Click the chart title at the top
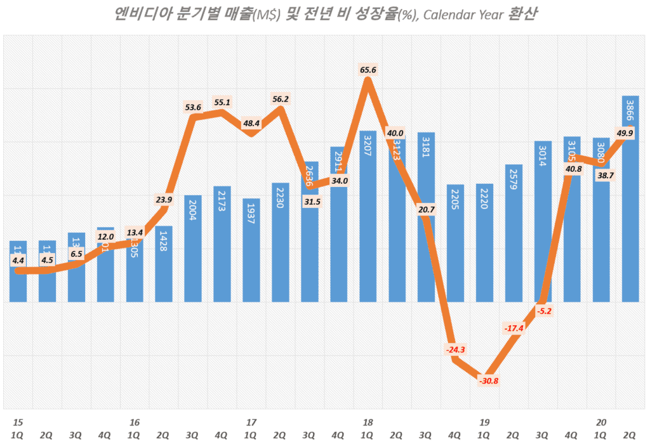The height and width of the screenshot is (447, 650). pyautogui.click(x=324, y=14)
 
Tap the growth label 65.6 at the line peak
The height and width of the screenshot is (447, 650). pyautogui.click(x=368, y=70)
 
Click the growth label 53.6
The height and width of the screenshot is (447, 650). pyautogui.click(x=193, y=107)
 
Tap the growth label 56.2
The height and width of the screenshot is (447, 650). pyautogui.click(x=280, y=99)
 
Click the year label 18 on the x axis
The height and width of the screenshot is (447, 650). pyautogui.click(x=368, y=422)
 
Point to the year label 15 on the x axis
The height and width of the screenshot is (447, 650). pyautogui.click(x=18, y=422)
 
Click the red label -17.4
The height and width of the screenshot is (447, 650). pyautogui.click(x=514, y=328)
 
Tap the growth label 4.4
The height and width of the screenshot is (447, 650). pyautogui.click(x=18, y=260)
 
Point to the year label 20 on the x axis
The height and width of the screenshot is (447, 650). pyautogui.click(x=600, y=422)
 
